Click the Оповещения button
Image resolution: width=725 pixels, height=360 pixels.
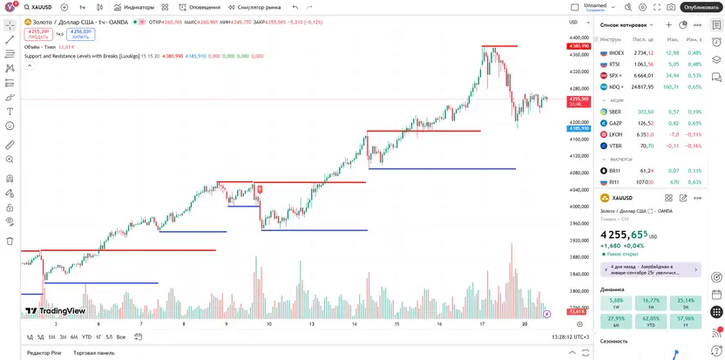pos(201,7)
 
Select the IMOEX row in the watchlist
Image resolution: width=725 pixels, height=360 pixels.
pos(616,52)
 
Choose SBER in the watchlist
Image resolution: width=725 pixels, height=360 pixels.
pos(615,112)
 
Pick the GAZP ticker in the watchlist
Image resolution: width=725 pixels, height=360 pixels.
pos(615,123)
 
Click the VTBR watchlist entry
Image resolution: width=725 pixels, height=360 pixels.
pos(615,146)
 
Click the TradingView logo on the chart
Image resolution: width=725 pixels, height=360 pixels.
pos(54,310)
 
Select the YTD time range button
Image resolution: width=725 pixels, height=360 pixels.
pos(86,336)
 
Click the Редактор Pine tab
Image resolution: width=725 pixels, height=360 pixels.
pos(44,353)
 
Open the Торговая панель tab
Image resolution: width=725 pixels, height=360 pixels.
pos(93,353)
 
